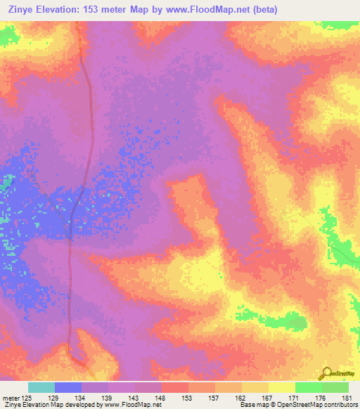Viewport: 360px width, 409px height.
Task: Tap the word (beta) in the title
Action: coord(266,10)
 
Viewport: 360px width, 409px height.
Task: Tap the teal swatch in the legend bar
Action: coord(41,387)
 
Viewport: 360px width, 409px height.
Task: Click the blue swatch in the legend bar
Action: coord(68,387)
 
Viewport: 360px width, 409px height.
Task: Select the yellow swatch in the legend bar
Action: coord(281,387)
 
